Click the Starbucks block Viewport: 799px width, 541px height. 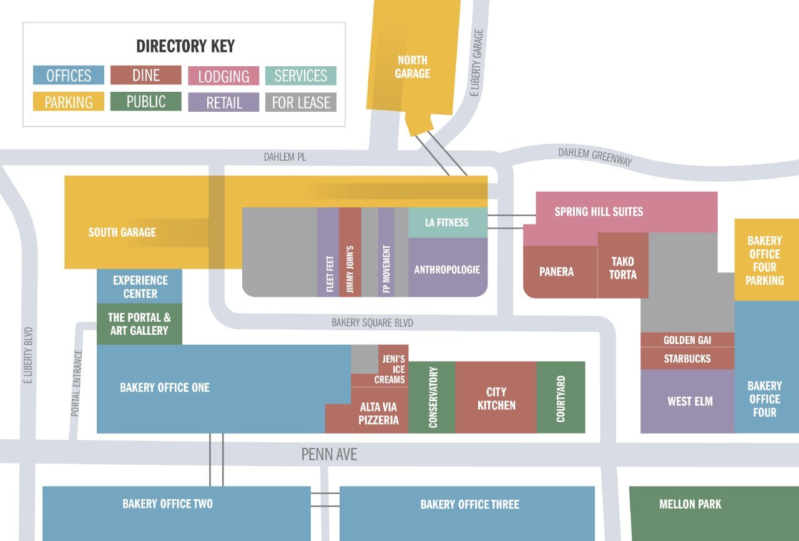point(687,359)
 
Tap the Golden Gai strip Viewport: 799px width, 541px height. point(687,340)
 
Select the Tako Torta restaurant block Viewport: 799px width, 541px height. point(622,267)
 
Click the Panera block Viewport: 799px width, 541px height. point(557,272)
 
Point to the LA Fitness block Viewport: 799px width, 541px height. point(447,222)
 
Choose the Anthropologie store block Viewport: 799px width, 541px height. point(447,270)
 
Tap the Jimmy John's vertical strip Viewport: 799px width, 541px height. point(350,253)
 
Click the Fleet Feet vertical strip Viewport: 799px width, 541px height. point(328,253)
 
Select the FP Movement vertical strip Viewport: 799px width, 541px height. point(386,253)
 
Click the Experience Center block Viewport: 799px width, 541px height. point(140,287)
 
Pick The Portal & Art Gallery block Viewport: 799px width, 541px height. point(139,324)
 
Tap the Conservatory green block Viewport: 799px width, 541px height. point(432,397)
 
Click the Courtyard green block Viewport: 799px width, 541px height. point(561,397)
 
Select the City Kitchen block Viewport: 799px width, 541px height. point(496,398)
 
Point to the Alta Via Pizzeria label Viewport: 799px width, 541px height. point(378,414)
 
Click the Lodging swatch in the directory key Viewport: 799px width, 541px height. point(223,76)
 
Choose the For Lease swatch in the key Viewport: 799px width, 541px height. point(301,102)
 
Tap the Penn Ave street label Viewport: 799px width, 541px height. point(329,454)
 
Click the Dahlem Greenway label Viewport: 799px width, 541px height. point(595,156)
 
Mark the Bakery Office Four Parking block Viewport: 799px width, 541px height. point(766,260)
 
